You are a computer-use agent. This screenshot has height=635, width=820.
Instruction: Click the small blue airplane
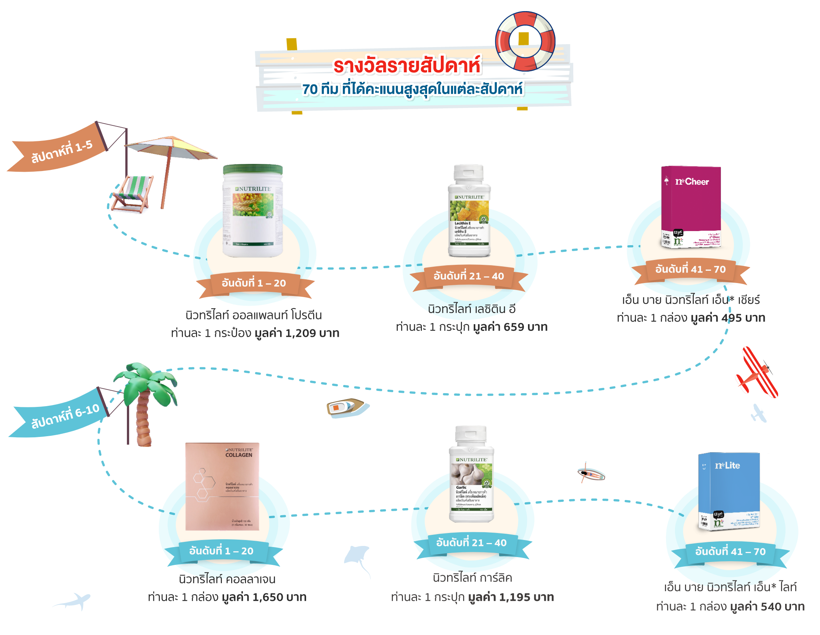(x=758, y=413)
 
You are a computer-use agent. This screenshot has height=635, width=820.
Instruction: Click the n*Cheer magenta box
(x=691, y=207)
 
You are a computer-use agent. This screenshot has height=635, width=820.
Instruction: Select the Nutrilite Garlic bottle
(x=472, y=475)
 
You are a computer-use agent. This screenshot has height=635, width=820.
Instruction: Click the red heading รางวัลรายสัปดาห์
(x=407, y=66)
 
